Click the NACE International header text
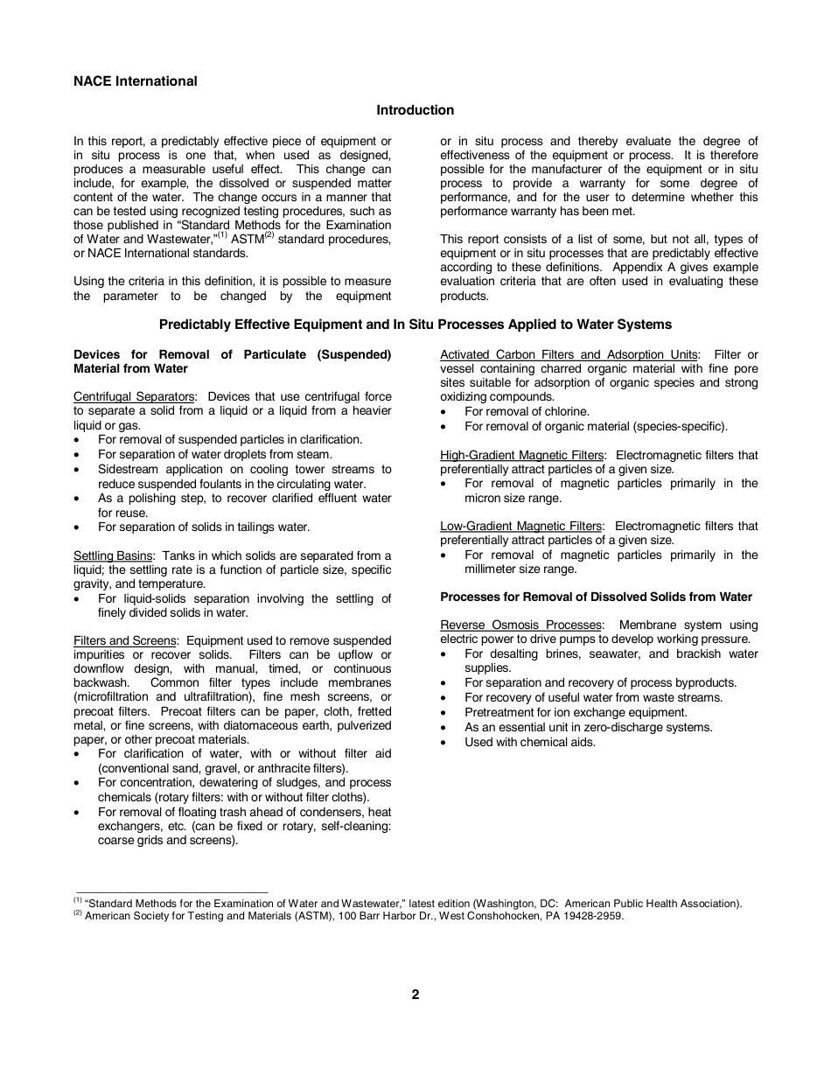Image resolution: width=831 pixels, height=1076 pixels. (136, 81)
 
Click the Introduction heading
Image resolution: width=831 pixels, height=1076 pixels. (415, 110)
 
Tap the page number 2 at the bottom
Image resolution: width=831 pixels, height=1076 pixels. (415, 995)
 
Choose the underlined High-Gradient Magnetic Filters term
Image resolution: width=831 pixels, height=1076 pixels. (521, 456)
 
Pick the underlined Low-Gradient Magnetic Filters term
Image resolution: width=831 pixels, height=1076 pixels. (520, 527)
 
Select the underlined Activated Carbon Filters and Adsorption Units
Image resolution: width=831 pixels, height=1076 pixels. (569, 354)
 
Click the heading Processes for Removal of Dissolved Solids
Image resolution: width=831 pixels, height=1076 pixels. (596, 597)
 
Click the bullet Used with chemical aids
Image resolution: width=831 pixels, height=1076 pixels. (530, 743)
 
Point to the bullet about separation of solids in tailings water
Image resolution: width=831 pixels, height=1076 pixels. (204, 528)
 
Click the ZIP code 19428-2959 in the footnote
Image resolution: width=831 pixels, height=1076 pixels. (593, 917)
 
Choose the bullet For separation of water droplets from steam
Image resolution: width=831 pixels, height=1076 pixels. (215, 455)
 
